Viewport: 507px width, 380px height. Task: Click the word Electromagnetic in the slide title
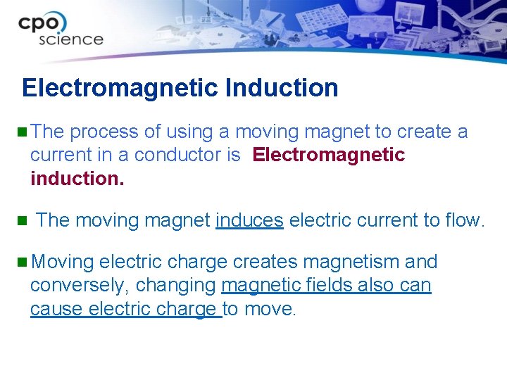click(x=120, y=89)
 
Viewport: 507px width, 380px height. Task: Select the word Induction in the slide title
click(x=282, y=89)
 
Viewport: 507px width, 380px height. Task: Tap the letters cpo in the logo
click(x=43, y=23)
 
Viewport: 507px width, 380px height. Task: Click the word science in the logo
click(x=70, y=39)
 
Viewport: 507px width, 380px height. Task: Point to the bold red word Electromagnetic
click(x=329, y=155)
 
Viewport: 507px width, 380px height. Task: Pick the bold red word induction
click(x=77, y=178)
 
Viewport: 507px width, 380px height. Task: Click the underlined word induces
click(x=249, y=220)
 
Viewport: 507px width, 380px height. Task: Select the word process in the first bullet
click(x=104, y=132)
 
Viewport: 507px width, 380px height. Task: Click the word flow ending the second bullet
click(x=461, y=220)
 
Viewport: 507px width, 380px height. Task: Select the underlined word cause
click(x=54, y=309)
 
